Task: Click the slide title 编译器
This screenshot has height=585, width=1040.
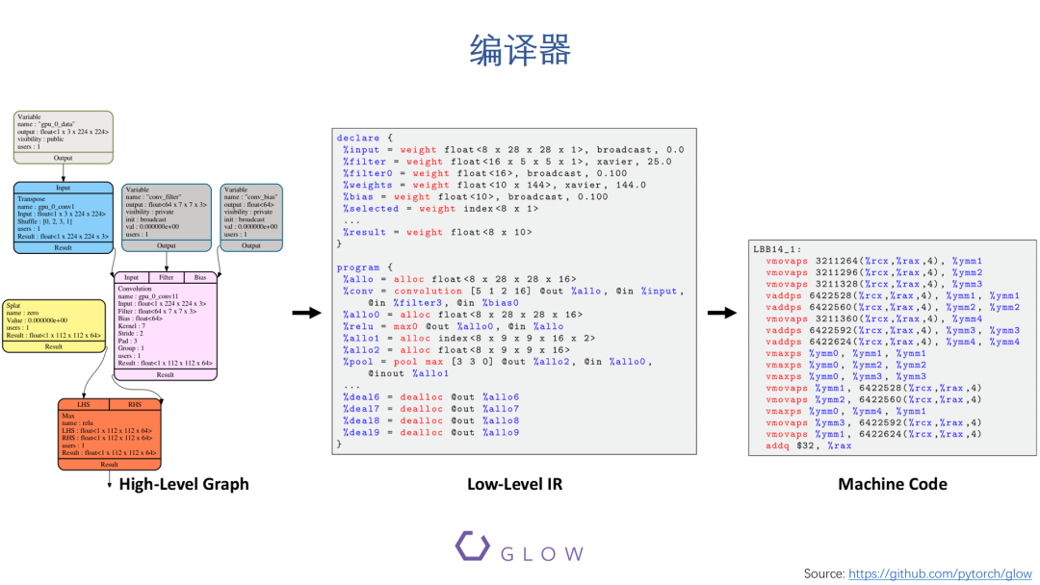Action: click(x=520, y=50)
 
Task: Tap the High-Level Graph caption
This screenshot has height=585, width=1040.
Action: click(x=184, y=484)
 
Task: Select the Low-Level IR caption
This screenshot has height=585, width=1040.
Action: click(x=514, y=484)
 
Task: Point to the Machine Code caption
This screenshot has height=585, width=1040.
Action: click(x=892, y=484)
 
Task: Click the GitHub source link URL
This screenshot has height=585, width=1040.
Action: click(x=940, y=573)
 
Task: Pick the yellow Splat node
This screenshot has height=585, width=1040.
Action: click(x=55, y=325)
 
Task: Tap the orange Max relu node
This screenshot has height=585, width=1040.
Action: click(x=109, y=433)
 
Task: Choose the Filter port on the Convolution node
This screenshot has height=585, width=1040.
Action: click(x=166, y=277)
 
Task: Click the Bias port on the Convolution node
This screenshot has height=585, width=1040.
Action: click(x=200, y=277)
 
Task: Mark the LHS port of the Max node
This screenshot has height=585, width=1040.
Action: click(x=84, y=404)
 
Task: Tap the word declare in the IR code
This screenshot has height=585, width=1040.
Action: click(x=358, y=138)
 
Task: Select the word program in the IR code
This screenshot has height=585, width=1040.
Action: click(x=358, y=267)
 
